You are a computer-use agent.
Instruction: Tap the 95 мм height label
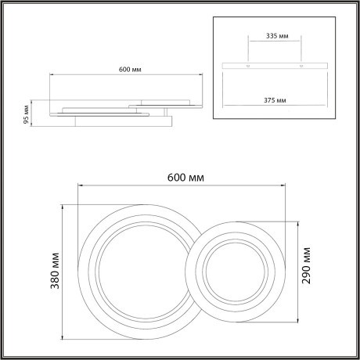pos(26,114)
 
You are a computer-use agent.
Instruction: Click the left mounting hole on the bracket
pos(248,65)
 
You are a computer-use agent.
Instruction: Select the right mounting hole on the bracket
pos(300,65)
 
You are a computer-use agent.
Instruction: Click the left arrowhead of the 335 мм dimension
pos(248,43)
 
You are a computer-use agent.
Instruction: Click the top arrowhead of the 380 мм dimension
pos(62,206)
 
